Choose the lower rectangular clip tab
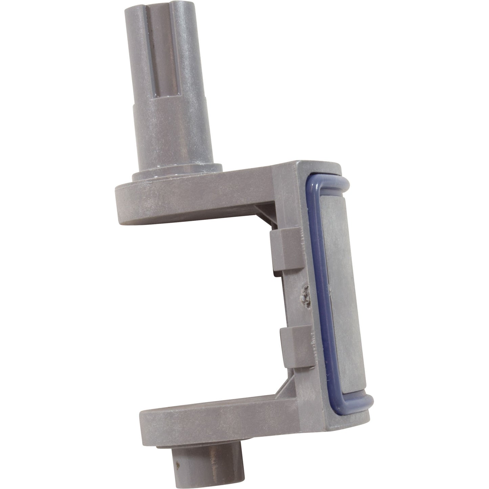click(x=294, y=347)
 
